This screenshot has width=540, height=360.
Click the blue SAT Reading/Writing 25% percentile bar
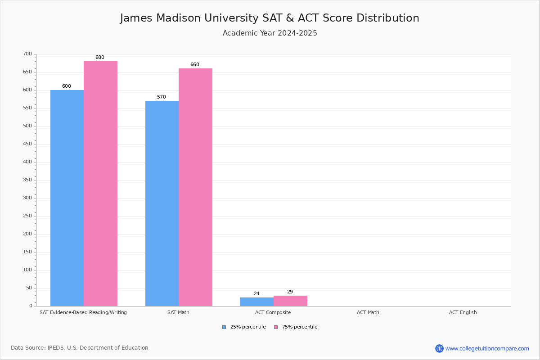[67, 198]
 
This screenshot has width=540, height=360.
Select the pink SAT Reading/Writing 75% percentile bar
[100, 184]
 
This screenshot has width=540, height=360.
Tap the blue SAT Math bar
[162, 203]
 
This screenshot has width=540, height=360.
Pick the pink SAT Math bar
[195, 187]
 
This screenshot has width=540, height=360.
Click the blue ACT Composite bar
[257, 301]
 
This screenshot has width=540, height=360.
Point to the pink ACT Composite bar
[290, 301]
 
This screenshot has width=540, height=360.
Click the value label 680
[99, 58]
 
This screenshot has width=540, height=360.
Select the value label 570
[162, 97]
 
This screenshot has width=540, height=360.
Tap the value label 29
[290, 292]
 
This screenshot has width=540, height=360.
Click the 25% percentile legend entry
[244, 327]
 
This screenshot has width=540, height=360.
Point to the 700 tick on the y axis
[27, 54]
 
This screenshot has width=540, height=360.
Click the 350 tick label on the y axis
[27, 180]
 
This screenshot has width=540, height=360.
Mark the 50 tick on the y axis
[29, 288]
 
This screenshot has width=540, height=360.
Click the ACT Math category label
[368, 312]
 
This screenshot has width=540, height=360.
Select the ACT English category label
[463, 312]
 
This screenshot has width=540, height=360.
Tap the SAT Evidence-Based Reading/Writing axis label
[83, 312]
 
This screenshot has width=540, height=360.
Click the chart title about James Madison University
[270, 18]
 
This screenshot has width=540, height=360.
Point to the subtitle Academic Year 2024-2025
[270, 33]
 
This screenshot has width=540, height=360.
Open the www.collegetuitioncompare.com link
[487, 348]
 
